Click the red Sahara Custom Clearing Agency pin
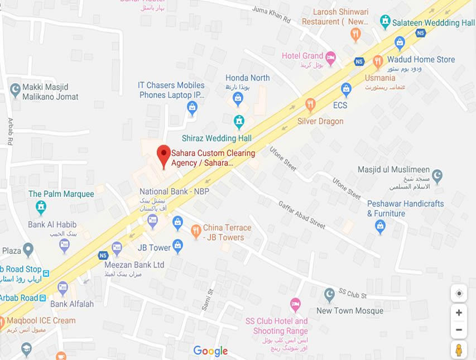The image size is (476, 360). tap(164, 154)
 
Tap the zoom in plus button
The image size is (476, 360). tap(459, 313)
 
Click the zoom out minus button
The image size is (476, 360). tap(459, 330)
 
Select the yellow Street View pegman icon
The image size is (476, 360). tap(459, 350)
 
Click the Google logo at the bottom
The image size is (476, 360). tap(210, 351)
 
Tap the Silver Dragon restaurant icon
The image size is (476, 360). tap(310, 104)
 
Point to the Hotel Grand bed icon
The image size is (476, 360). tap(331, 57)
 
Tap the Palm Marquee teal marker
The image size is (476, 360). tap(41, 207)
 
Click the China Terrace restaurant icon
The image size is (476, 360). tap(196, 231)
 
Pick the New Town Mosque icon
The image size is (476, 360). tap(330, 294)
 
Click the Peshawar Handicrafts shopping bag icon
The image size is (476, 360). tap(380, 226)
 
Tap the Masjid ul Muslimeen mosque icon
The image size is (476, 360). tap(437, 176)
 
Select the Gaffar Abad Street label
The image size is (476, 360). tap(301, 215)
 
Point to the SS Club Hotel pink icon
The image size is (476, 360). tap(295, 305)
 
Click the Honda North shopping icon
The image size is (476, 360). tap(238, 99)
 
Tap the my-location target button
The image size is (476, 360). tap(459, 293)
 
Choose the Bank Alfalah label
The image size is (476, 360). tap(72, 304)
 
